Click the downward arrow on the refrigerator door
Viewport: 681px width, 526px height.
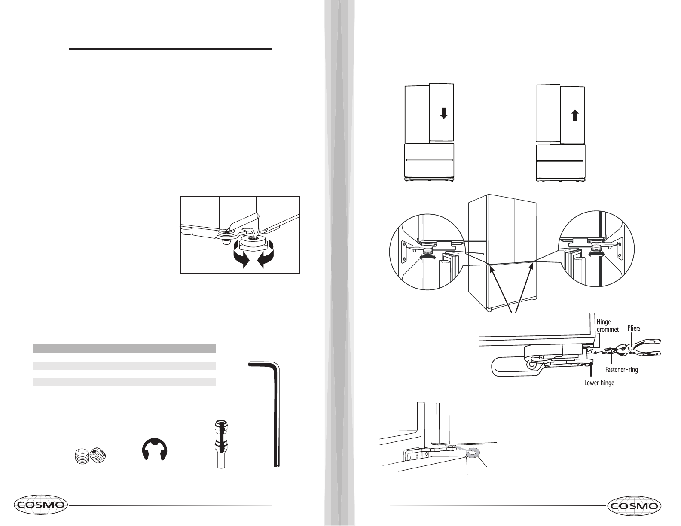coord(443,113)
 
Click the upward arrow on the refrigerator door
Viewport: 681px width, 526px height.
coord(575,115)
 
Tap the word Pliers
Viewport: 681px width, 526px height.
coord(634,328)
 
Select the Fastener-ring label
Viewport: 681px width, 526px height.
coord(621,369)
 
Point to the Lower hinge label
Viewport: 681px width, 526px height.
coord(599,383)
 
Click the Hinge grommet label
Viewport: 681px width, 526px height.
coord(608,325)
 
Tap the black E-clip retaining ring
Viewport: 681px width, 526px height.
coord(155,449)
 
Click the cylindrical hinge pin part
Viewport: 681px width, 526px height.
coord(221,444)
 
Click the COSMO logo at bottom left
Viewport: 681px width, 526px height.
coord(41,505)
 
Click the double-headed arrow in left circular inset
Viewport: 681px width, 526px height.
coord(427,257)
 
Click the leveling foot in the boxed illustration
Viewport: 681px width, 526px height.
coord(252,243)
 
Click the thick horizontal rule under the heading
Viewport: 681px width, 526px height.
coord(170,49)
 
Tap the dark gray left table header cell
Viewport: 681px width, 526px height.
coord(67,349)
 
